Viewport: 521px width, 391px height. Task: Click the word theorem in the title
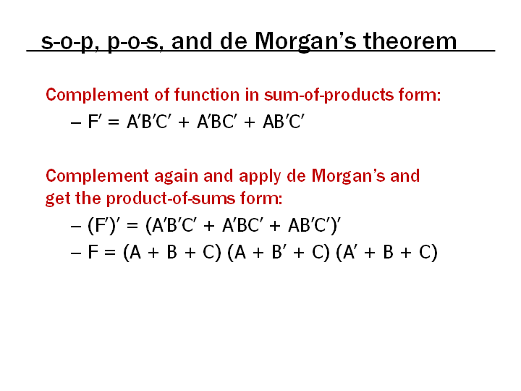pos(410,41)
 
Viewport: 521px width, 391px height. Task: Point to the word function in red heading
pos(207,94)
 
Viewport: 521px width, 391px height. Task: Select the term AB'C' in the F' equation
pos(284,121)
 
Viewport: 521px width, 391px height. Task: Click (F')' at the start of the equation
pos(103,225)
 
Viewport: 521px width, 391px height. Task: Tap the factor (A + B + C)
pos(172,253)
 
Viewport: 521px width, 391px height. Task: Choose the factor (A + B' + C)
pos(279,253)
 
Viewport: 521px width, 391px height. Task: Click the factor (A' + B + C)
pos(386,253)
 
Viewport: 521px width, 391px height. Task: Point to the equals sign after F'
pos(114,122)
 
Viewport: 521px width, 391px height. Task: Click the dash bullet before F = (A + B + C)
pos(76,253)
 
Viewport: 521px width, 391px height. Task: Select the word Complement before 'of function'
pos(98,95)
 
